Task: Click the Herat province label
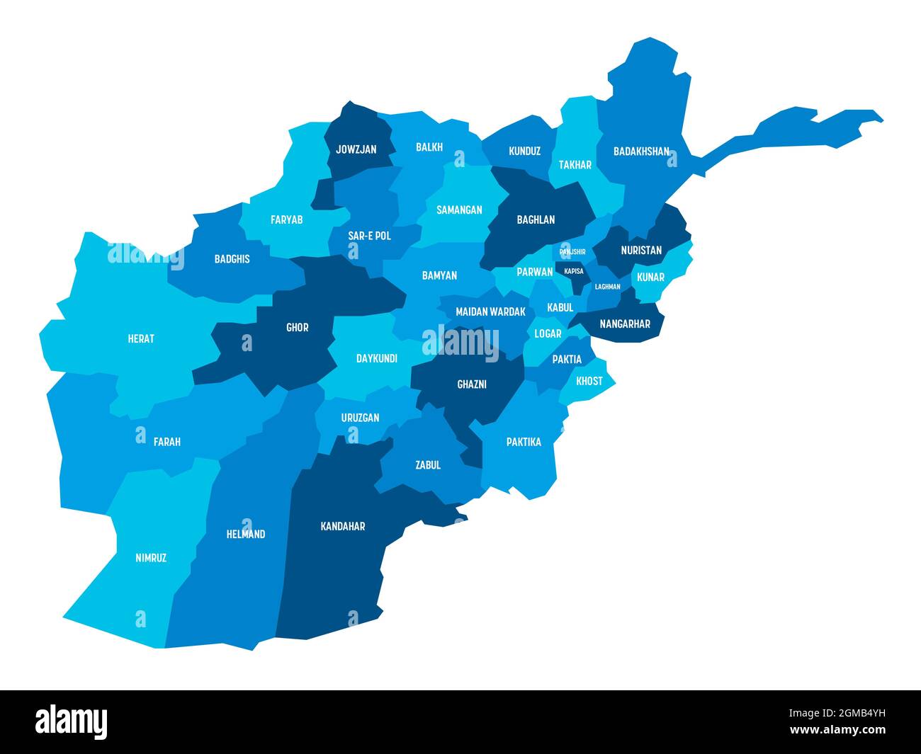pos(141,338)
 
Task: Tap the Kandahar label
pos(343,526)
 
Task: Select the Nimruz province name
pos(151,558)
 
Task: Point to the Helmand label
pos(245,534)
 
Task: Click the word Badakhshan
pos(641,151)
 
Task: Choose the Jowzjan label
pos(356,149)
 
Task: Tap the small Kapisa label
pos(574,270)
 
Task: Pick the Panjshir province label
pos(572,251)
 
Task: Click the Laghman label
pos(607,287)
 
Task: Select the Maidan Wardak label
pos(490,312)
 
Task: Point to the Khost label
pos(589,381)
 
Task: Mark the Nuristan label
pos(641,250)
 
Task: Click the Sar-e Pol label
pos(369,236)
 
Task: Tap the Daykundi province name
pos(377,358)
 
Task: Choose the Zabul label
pos(428,465)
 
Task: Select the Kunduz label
pos(525,151)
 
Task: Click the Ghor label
pos(298,327)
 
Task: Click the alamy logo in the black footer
pos(72,721)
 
